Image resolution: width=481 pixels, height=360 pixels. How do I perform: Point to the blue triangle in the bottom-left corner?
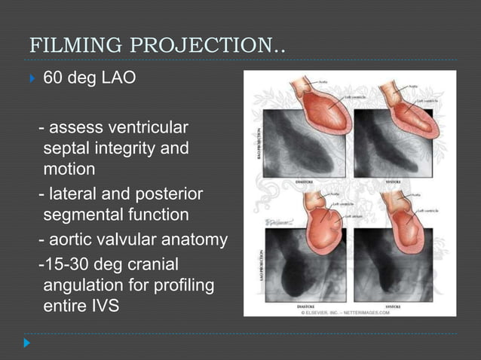pos(27,343)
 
